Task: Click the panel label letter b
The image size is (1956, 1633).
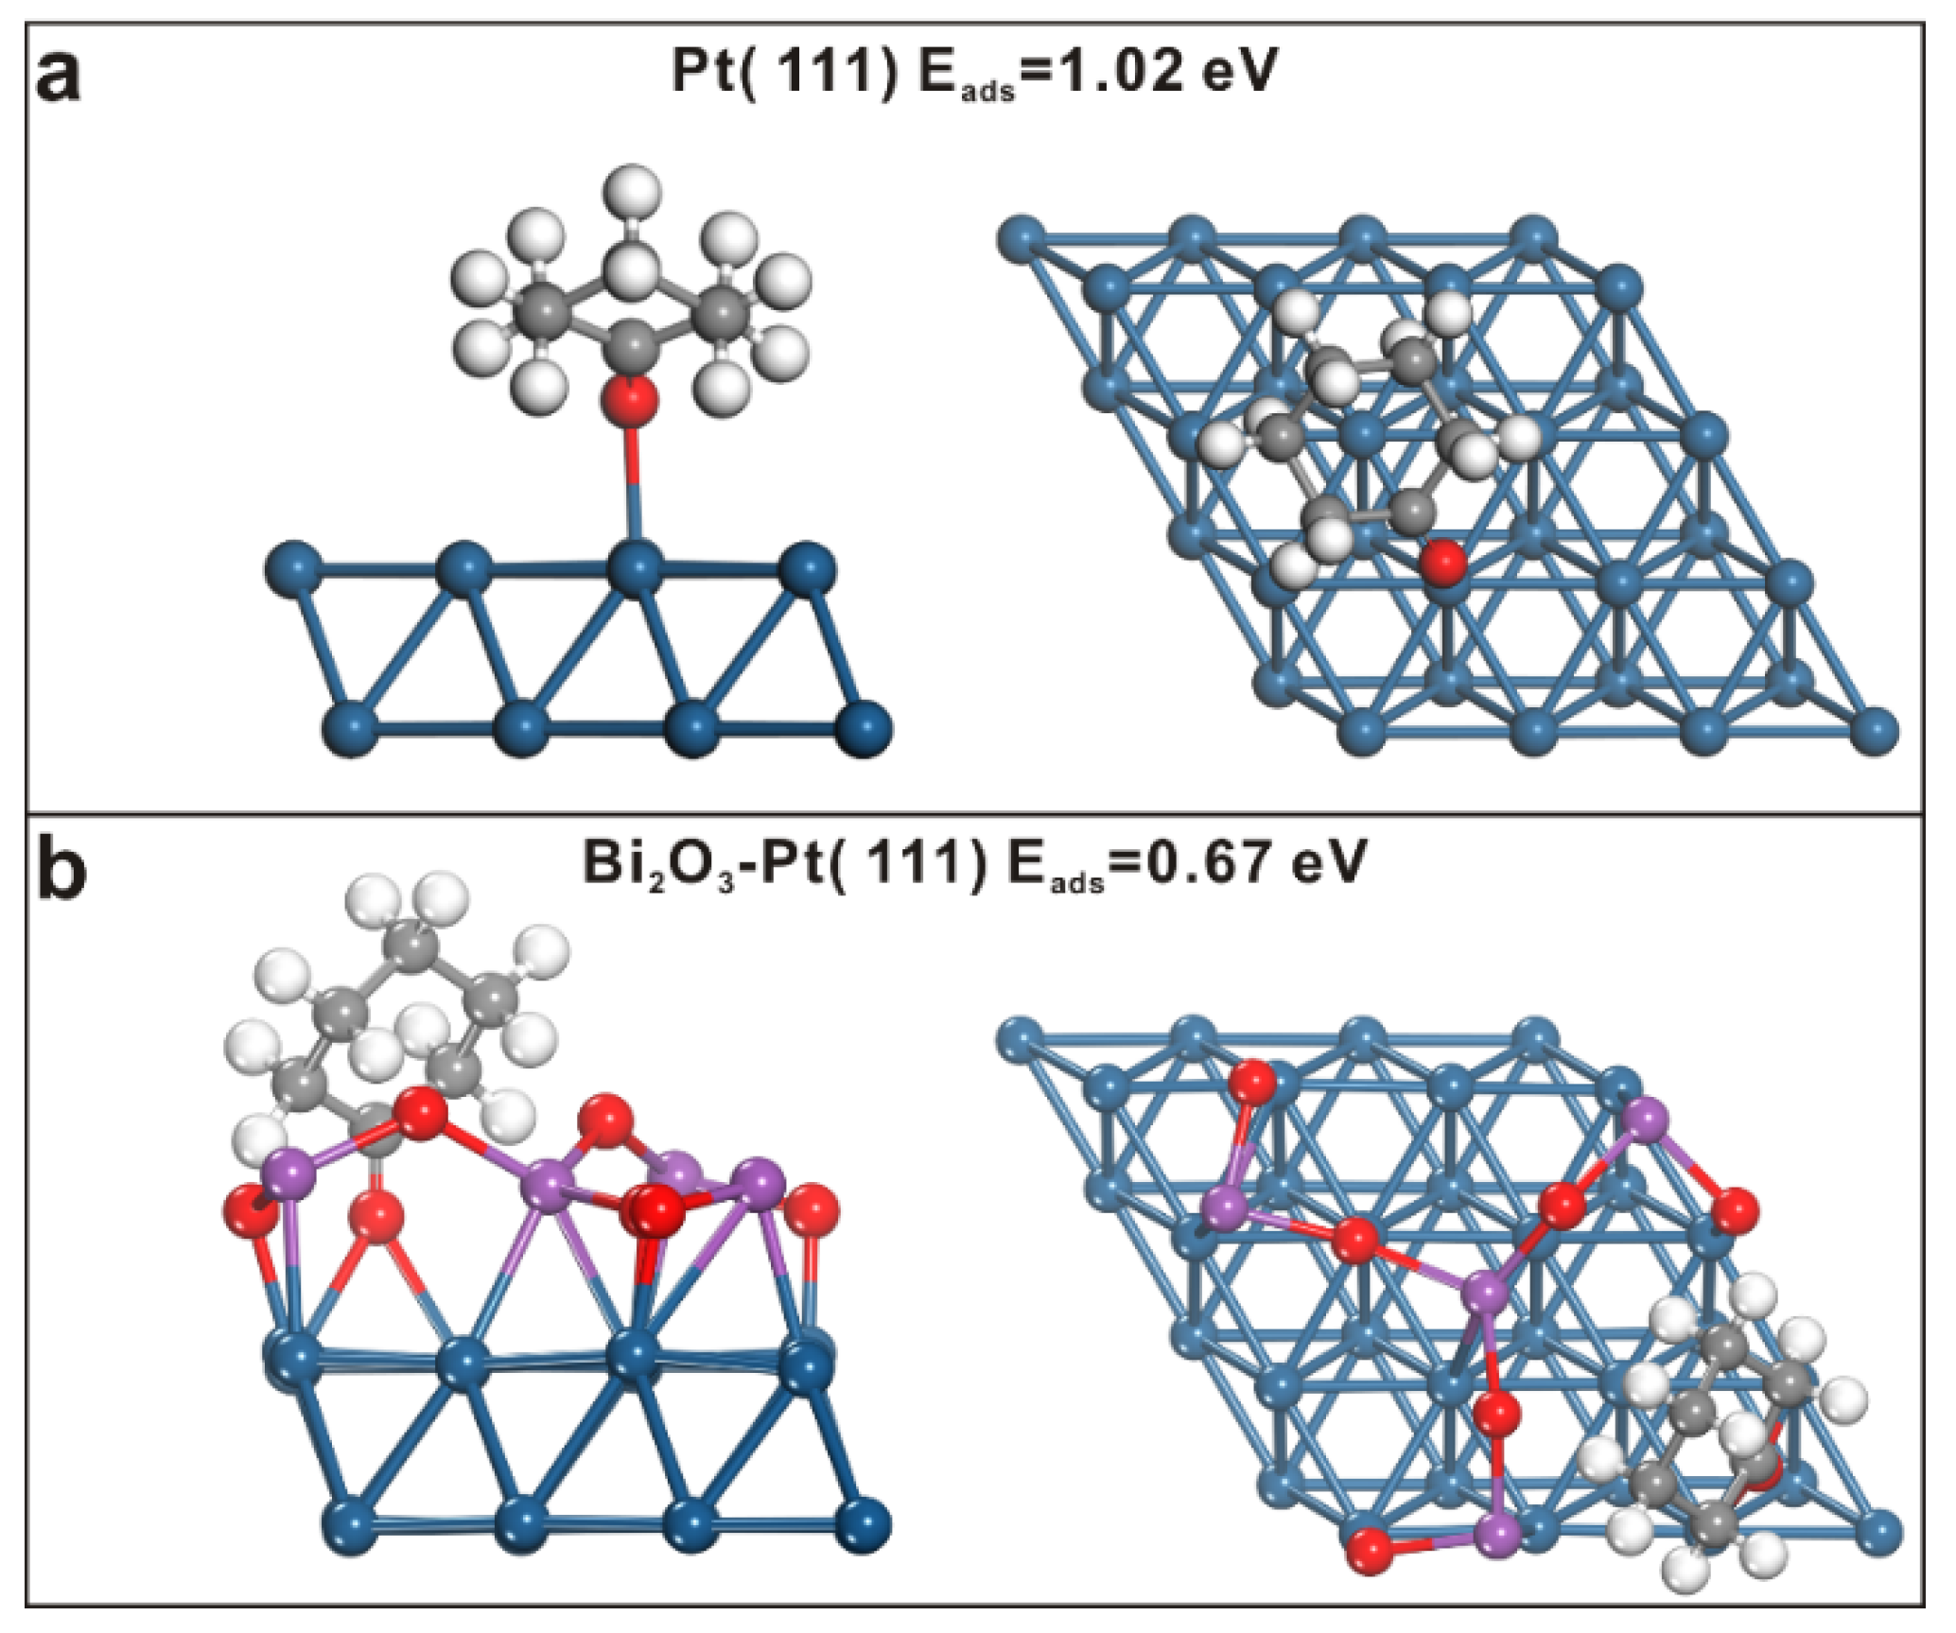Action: point(61,871)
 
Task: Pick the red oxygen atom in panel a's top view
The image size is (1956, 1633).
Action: point(1443,562)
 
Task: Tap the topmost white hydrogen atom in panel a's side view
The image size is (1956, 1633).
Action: point(632,189)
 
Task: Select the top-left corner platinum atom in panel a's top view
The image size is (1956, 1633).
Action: point(1022,237)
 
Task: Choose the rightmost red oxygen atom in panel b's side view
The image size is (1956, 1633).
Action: point(812,1211)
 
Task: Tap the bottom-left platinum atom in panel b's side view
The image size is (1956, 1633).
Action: point(351,1524)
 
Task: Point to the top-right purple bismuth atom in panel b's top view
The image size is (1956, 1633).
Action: point(1647,1121)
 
